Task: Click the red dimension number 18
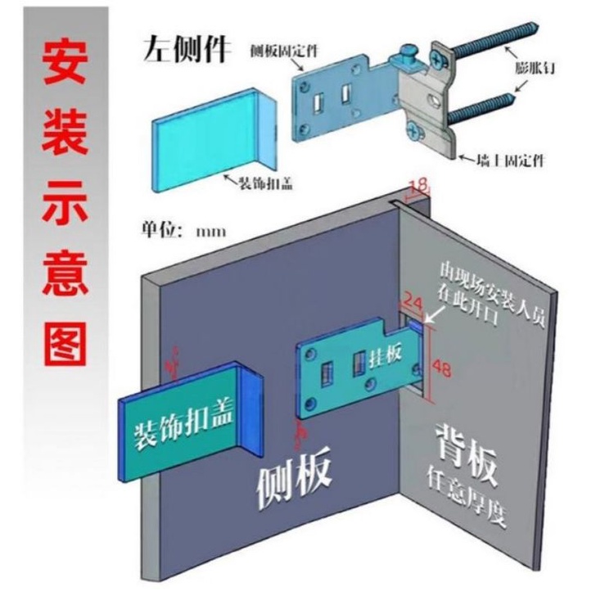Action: coord(418,187)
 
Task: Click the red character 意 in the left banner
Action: coord(64,273)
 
